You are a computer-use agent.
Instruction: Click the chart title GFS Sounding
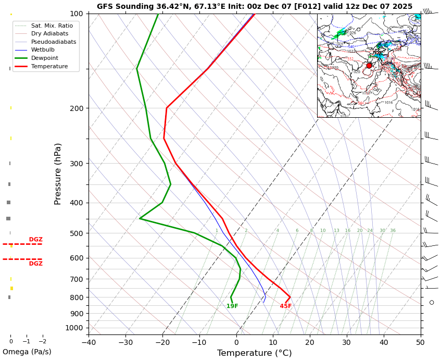[254, 7]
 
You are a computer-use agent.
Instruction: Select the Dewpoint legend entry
[44, 58]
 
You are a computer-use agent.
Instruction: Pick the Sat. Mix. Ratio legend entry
[52, 26]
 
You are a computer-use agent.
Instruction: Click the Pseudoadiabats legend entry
[53, 42]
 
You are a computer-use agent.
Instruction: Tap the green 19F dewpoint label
[232, 306]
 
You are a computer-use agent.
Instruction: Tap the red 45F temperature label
[286, 306]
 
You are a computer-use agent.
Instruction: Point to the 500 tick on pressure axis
[77, 233]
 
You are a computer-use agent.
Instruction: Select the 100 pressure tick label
[77, 14]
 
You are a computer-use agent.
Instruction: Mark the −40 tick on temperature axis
[89, 342]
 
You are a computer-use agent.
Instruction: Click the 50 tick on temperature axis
[420, 342]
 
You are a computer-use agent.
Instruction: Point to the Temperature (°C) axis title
[254, 353]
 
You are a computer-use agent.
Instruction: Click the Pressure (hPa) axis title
[58, 173]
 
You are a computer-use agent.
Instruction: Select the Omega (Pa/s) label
[27, 352]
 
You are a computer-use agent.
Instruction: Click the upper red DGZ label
[36, 240]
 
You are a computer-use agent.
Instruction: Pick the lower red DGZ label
[36, 264]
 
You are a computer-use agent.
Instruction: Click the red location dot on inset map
[369, 66]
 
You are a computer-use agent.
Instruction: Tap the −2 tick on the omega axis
[42, 342]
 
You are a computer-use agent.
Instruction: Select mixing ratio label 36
[393, 231]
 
